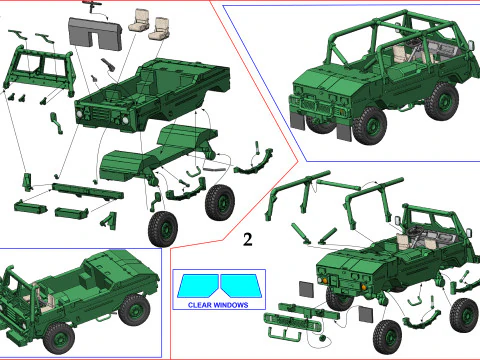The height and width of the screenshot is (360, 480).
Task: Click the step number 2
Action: tap(246, 240)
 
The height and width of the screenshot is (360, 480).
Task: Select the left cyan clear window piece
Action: tap(199, 286)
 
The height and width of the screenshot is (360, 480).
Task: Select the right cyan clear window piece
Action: tap(239, 286)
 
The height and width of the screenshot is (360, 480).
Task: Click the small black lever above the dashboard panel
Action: tap(95, 7)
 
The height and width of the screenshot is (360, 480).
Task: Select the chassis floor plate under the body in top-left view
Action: tap(150, 155)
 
